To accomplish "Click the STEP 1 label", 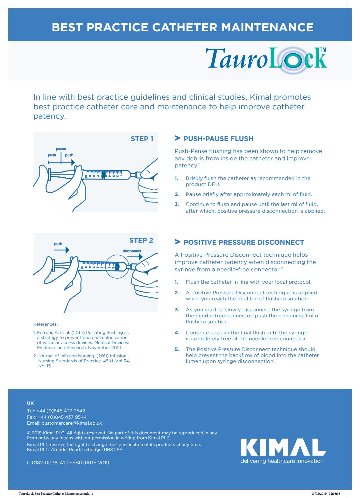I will (142, 139).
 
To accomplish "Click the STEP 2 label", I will (141, 240).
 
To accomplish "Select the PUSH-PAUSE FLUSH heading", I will (218, 139).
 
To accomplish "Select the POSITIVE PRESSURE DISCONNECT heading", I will (244, 242).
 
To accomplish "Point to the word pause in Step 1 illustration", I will (61, 149).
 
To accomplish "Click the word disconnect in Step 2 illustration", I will (132, 251).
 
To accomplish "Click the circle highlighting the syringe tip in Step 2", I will (118, 267).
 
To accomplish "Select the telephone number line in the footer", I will (56, 411).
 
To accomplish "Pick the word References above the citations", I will (45, 324).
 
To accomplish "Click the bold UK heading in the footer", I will (30, 403).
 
